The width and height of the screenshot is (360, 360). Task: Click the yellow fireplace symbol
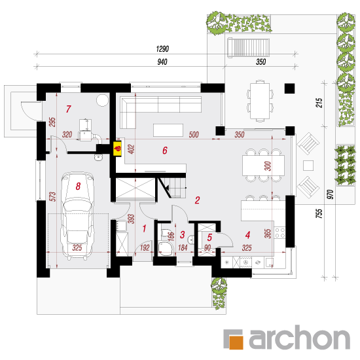tap(118, 149)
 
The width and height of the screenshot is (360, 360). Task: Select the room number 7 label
tap(69, 109)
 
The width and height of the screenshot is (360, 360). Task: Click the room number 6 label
tap(165, 151)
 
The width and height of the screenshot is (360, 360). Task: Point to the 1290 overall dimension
tap(162, 49)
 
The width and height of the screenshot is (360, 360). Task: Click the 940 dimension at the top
tap(162, 62)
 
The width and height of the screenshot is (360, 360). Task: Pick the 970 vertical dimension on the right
tap(330, 194)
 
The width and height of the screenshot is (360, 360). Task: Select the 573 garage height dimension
tap(52, 197)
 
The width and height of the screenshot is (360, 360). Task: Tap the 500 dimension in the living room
tap(194, 135)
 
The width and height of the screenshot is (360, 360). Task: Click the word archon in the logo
tap(299, 338)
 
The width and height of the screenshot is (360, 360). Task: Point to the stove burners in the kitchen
tap(280, 232)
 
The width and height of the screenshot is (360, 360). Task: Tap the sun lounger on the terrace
tap(249, 48)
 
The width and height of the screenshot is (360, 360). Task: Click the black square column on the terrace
tap(289, 88)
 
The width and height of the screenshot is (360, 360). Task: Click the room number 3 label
tap(183, 234)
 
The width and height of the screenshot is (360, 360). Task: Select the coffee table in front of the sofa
tap(168, 130)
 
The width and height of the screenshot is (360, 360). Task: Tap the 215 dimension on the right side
tap(319, 103)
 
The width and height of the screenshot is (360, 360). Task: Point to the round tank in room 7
tap(102, 100)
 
